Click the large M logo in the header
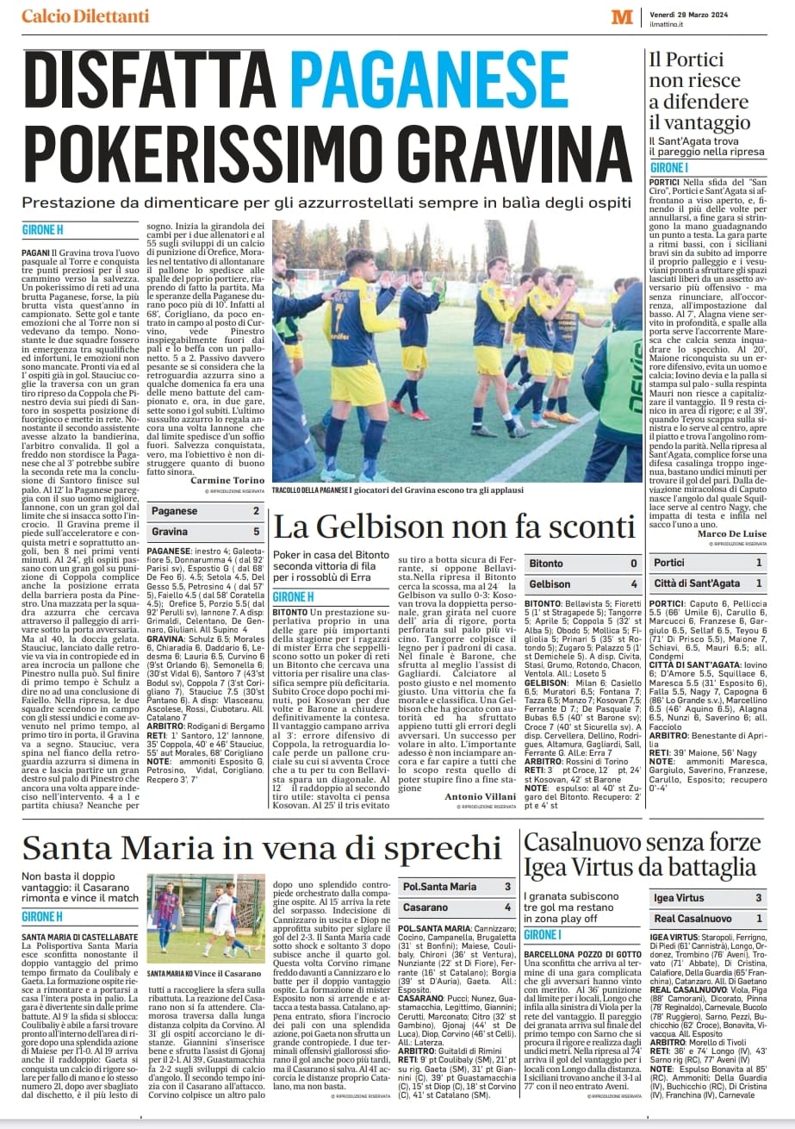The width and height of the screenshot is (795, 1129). pyautogui.click(x=622, y=16)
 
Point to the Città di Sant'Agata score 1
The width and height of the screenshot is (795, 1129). pyautogui.click(x=758, y=583)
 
